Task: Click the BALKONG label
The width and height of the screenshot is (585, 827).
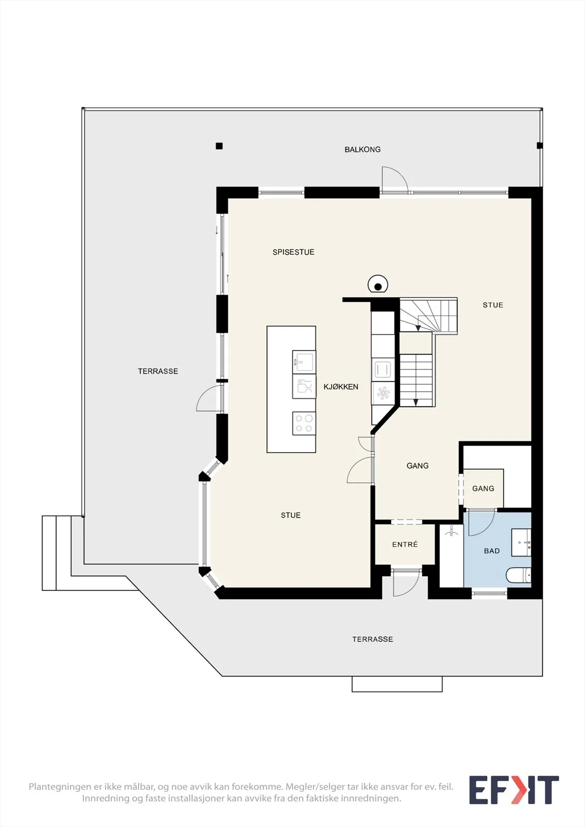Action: pyautogui.click(x=362, y=149)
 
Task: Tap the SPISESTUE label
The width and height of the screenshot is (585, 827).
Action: pyautogui.click(x=293, y=252)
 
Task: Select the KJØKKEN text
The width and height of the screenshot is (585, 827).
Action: pyautogui.click(x=341, y=387)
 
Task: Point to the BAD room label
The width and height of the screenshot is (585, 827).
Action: pyautogui.click(x=492, y=551)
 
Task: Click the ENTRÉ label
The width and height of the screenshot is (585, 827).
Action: pyautogui.click(x=405, y=545)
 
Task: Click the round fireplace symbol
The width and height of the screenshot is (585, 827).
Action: pyautogui.click(x=378, y=285)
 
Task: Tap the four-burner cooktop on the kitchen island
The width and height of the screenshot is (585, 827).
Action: pyautogui.click(x=304, y=423)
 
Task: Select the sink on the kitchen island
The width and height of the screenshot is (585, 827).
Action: pyautogui.click(x=304, y=362)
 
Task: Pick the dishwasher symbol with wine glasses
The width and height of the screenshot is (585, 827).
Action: pyautogui.click(x=304, y=387)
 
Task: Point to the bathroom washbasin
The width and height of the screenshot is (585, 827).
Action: pyautogui.click(x=521, y=542)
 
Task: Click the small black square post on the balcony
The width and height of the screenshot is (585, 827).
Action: pyautogui.click(x=219, y=146)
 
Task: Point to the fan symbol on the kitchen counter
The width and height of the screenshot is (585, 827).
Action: pyautogui.click(x=383, y=393)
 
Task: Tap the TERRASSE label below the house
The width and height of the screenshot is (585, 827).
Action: pyautogui.click(x=372, y=639)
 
